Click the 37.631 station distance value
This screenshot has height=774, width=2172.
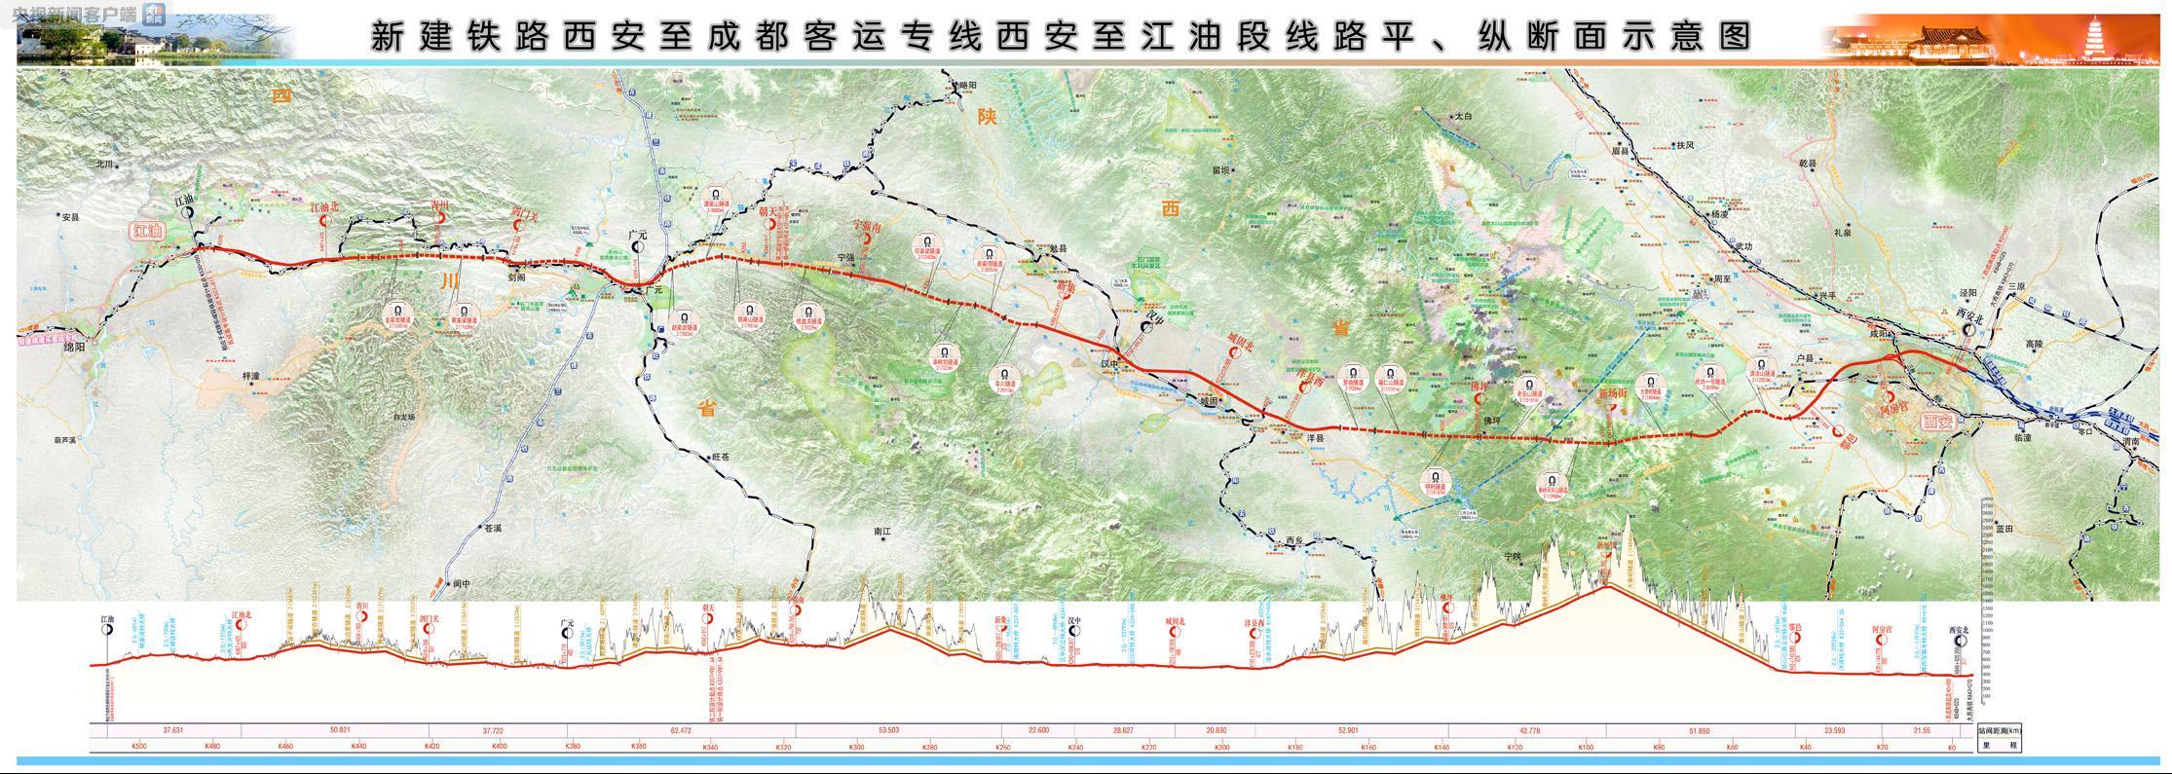pos(173,730)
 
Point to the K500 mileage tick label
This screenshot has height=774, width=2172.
pos(138,747)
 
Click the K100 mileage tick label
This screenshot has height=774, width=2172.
pos(1587,747)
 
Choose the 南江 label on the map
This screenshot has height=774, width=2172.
pos(883,533)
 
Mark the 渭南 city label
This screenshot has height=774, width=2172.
pos(2129,441)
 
